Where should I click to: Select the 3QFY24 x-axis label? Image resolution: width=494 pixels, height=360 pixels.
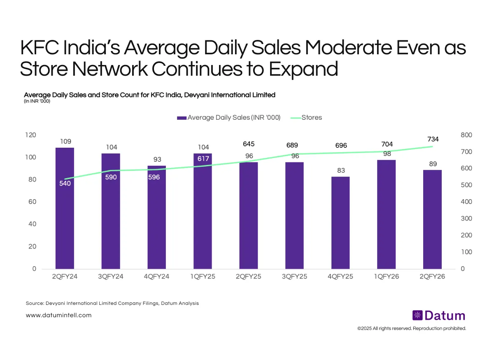click(x=111, y=277)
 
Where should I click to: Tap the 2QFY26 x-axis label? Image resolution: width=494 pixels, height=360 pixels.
click(x=432, y=277)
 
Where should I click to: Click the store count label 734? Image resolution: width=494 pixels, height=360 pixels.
click(x=433, y=140)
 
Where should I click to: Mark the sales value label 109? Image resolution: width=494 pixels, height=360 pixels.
click(x=65, y=141)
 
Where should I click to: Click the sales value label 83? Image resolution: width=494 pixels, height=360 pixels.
click(x=340, y=170)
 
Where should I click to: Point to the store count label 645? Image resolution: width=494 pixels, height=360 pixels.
click(x=249, y=144)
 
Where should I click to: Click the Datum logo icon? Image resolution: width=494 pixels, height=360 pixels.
click(x=417, y=316)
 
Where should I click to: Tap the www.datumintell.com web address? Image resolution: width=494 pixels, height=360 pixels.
click(x=58, y=316)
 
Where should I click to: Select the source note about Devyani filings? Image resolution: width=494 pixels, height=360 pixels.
click(x=112, y=303)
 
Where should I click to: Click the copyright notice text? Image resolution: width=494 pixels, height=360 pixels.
click(x=412, y=329)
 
